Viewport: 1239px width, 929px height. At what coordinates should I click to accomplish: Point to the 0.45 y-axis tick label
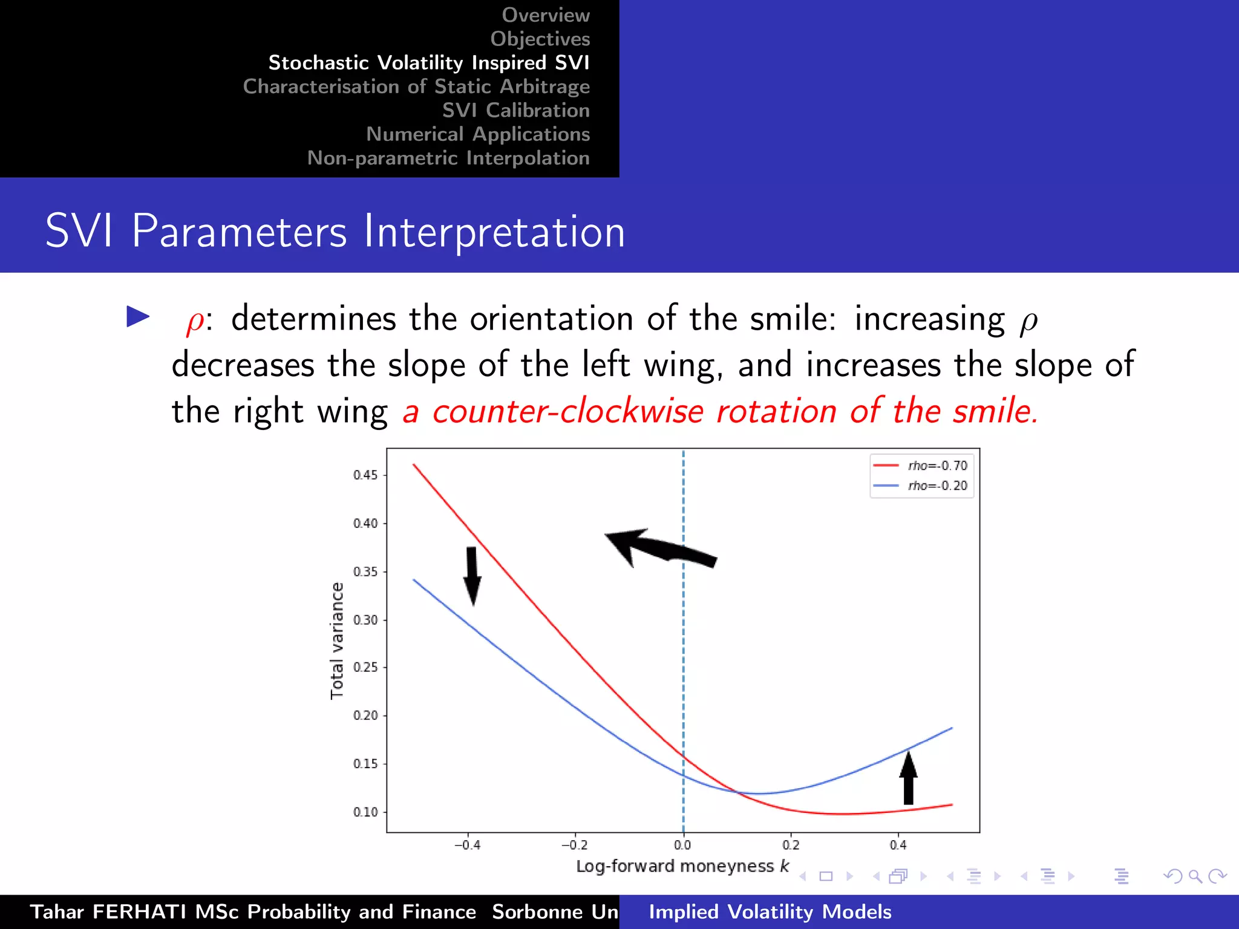point(365,475)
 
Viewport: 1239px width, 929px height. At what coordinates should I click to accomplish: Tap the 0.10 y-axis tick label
point(365,812)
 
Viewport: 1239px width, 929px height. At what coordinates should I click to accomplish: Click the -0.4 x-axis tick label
point(467,845)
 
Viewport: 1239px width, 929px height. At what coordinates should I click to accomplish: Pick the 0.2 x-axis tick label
point(791,845)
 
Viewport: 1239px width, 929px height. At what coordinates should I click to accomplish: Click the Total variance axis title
point(337,641)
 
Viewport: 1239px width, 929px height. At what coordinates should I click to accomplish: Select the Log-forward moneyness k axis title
point(682,866)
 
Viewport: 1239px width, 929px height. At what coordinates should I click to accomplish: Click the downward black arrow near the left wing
point(472,575)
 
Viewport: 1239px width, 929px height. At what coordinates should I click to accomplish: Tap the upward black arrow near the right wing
point(908,778)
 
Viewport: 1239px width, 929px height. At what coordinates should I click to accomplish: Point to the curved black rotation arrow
point(659,547)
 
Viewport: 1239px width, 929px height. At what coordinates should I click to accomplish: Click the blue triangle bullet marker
point(138,316)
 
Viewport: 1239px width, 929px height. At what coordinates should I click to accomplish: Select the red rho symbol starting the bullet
point(195,321)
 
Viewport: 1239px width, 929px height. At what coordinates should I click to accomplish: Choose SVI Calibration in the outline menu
point(515,110)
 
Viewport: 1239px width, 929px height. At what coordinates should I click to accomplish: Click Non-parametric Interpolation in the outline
point(448,158)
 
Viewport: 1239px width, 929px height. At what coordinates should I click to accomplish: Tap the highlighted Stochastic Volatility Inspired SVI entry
point(428,62)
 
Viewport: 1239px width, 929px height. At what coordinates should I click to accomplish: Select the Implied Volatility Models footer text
point(770,911)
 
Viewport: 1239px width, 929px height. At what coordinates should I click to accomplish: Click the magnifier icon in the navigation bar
point(1195,876)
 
